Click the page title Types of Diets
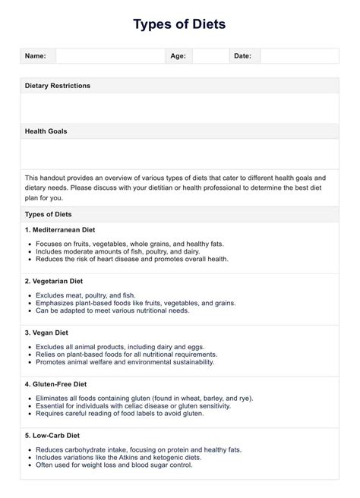coord(179,24)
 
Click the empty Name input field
coord(110,56)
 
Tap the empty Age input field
coord(210,56)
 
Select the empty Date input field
coord(299,56)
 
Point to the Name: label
coord(36,56)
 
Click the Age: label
coord(178,56)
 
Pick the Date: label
coord(242,56)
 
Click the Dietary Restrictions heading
coord(58,86)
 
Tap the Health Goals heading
coord(46,131)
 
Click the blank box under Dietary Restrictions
coord(179,108)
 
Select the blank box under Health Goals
coord(179,154)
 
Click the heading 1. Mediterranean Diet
coord(60,229)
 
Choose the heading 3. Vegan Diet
coord(47,333)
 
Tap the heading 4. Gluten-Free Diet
coord(56,384)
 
